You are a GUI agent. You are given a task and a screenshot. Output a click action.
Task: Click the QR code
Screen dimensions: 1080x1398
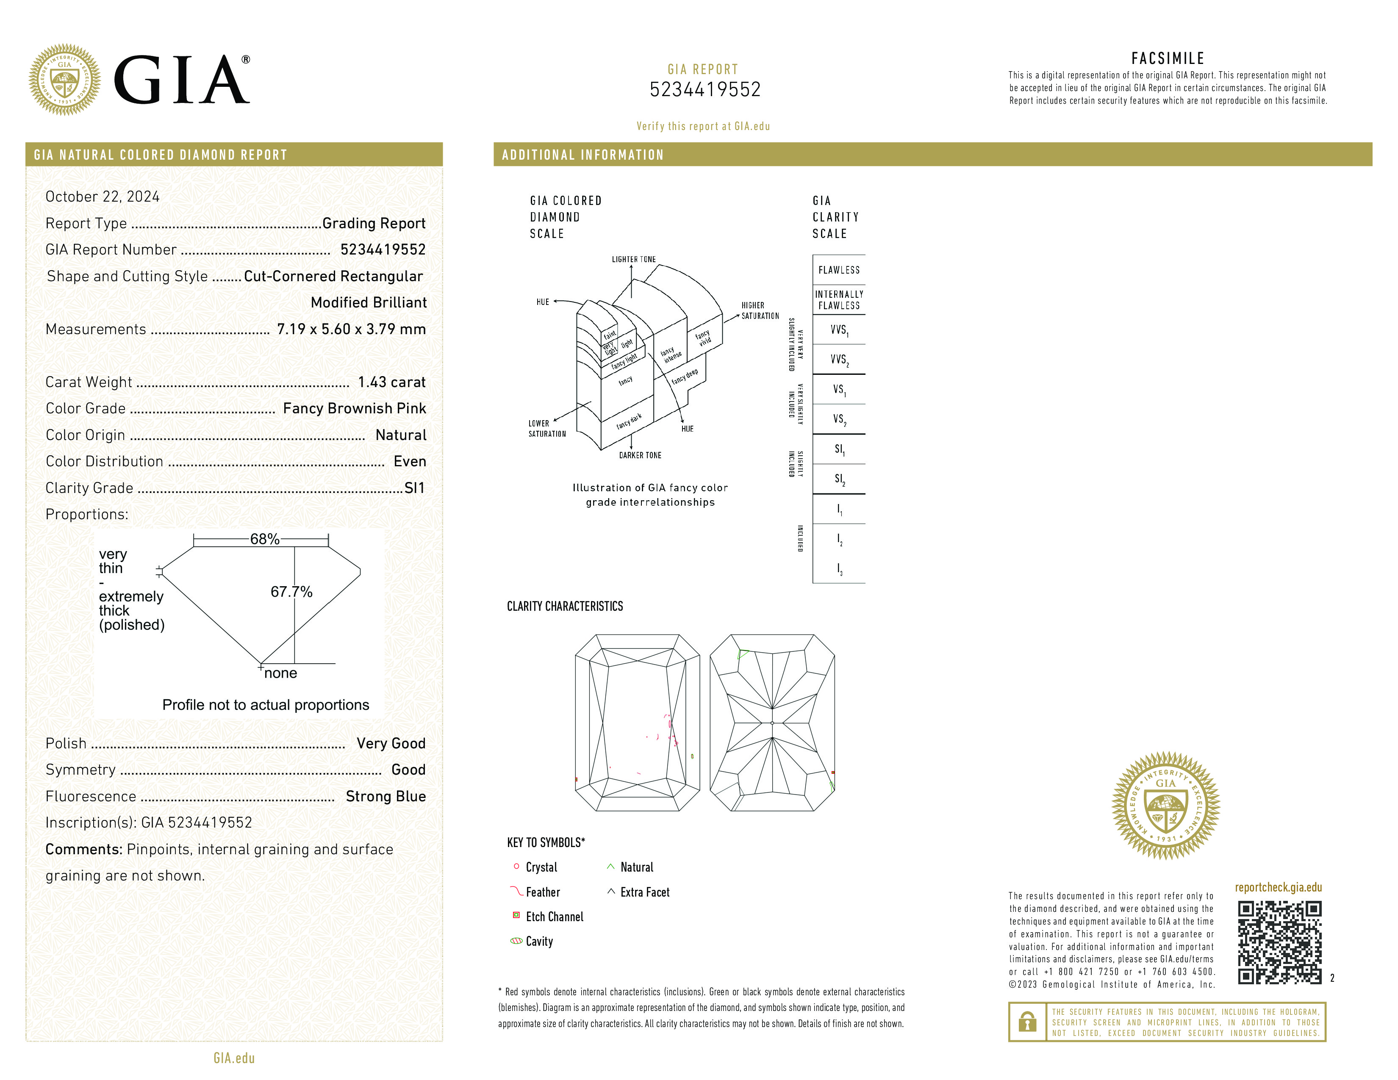pos(1279,942)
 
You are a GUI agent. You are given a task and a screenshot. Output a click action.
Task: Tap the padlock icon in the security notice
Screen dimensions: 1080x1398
pos(1027,1022)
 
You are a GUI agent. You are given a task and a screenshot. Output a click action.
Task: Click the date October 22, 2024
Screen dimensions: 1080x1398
pos(103,197)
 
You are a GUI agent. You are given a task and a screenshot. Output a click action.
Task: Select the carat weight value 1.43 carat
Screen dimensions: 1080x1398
pos(391,382)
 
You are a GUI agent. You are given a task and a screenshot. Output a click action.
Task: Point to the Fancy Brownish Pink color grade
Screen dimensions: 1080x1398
pos(354,408)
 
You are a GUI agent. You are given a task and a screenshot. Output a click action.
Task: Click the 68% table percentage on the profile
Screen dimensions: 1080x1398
pos(264,539)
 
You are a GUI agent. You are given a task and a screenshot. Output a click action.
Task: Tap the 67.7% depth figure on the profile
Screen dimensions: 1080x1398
pos(291,592)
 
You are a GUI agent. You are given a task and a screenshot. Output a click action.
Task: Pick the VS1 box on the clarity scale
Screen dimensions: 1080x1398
pos(838,389)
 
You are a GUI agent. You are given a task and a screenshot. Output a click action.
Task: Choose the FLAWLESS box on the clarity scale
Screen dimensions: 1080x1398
pos(838,270)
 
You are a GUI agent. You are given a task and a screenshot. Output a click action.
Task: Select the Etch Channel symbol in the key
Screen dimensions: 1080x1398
pos(516,916)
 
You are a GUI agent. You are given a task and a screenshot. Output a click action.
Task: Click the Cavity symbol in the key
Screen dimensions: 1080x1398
pos(516,941)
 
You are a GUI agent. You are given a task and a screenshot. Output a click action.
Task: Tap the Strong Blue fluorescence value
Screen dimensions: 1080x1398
pos(386,796)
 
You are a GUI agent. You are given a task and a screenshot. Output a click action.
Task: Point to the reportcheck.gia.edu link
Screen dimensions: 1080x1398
pos(1278,887)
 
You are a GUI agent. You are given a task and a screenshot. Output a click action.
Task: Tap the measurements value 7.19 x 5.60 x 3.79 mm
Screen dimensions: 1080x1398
pos(351,329)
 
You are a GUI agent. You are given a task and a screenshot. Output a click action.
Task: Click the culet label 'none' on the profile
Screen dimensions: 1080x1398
pos(280,673)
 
